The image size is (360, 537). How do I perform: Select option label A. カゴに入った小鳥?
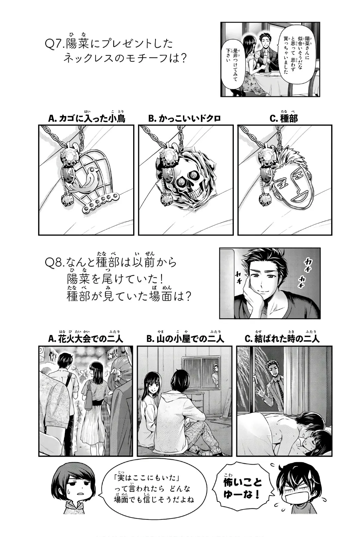(87, 119)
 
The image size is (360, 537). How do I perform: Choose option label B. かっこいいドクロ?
(184, 119)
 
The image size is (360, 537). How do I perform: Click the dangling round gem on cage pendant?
(67, 199)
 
